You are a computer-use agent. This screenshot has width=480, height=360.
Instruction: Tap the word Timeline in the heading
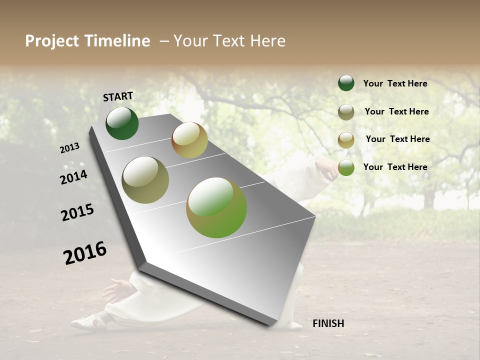point(117,41)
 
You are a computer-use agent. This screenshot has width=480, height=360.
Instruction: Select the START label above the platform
point(118,96)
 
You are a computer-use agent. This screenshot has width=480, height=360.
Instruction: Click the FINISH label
point(328,323)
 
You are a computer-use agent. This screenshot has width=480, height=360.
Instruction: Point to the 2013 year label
point(70,148)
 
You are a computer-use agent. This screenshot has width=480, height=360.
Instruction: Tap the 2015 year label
point(77,212)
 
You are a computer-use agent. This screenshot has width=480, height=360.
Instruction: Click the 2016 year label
point(85,253)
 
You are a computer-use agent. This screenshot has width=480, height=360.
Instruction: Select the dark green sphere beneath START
point(122,123)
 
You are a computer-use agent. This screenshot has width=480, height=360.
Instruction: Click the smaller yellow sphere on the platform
point(189,140)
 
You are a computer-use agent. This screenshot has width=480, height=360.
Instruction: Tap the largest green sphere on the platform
point(216,207)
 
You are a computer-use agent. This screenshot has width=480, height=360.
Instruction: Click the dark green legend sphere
point(346,83)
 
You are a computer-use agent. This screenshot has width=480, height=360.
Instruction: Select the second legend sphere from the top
point(346,112)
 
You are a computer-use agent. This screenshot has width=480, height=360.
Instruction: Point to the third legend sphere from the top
point(346,140)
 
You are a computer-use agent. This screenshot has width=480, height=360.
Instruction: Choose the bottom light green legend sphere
point(346,167)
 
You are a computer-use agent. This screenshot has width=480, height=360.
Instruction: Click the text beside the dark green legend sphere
point(395,83)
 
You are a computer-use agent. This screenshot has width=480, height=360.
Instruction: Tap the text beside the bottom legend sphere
point(395,167)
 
